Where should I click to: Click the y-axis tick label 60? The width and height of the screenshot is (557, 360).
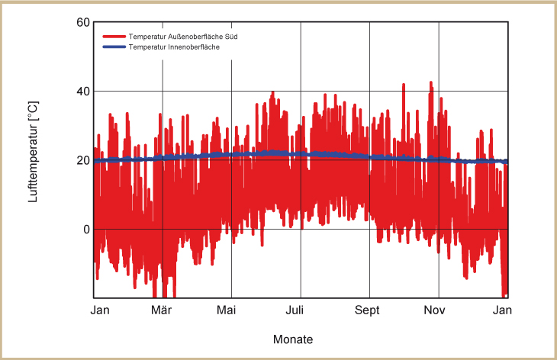[x=83, y=22]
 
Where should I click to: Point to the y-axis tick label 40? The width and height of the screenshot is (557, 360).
[x=83, y=92]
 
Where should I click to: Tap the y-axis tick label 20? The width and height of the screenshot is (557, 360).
[x=83, y=160]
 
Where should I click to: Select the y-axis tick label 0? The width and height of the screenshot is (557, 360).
[x=86, y=230]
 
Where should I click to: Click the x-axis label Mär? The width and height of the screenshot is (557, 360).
[x=162, y=310]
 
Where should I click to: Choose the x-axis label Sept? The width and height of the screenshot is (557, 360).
[x=368, y=310]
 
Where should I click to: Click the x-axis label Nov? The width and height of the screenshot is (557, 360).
[x=435, y=310]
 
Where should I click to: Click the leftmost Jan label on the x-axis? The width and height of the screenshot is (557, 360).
[x=100, y=310]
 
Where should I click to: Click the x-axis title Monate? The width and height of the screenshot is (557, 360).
[x=292, y=339]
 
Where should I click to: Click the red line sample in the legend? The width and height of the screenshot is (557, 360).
[x=114, y=37]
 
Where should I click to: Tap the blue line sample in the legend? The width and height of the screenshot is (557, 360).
[x=114, y=47]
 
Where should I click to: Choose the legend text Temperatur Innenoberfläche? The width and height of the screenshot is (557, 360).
[x=175, y=47]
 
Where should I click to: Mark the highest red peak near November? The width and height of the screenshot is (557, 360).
[x=430, y=82]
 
